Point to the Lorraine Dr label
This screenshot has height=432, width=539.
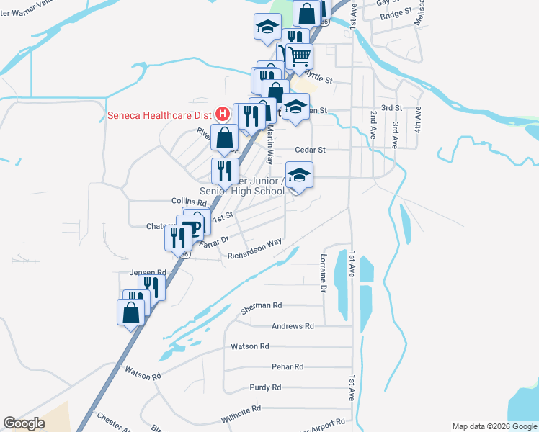coord(324,272)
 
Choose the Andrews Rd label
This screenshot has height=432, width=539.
coord(293,326)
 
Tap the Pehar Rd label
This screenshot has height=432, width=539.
coord(288,367)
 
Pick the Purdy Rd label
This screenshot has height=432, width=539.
coord(265,387)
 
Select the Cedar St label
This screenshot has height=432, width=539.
coord(311,150)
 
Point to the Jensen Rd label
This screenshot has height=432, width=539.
coord(148,273)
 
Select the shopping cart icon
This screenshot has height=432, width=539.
coord(299,55)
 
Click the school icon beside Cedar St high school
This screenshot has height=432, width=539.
coord(300,175)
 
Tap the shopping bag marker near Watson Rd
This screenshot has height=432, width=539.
coord(130,312)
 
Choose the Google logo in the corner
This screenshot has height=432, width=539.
coord(24,424)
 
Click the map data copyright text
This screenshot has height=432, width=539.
coord(494,426)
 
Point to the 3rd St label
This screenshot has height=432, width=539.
coord(391,108)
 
